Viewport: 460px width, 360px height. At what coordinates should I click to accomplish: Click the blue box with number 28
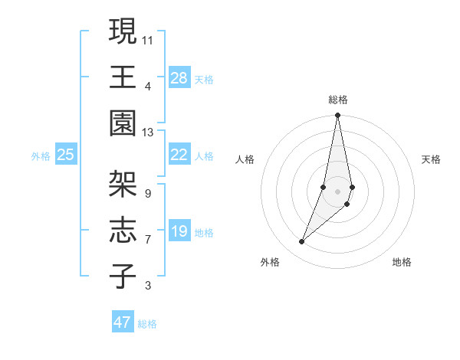point(179,78)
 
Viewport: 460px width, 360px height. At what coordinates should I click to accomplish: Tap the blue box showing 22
point(179,155)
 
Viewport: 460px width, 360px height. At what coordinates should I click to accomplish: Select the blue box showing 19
point(179,231)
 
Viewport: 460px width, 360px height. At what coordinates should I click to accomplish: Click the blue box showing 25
point(66,155)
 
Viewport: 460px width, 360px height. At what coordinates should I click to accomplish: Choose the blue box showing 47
point(123,322)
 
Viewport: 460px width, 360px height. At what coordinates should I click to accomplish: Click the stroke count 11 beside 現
point(148,39)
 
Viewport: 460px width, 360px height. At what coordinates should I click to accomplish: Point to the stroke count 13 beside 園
point(148,133)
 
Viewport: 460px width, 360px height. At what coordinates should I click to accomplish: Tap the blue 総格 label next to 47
point(147,324)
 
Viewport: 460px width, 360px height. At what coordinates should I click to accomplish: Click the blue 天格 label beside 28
point(204,80)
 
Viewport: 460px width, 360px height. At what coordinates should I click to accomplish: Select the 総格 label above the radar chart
point(337,100)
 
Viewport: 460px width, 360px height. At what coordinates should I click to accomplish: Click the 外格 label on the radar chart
point(270,262)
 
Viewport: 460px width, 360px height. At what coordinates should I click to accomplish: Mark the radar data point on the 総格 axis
point(337,116)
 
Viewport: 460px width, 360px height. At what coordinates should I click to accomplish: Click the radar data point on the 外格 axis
point(302,241)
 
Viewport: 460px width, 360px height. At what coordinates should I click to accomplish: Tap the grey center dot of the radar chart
point(337,191)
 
